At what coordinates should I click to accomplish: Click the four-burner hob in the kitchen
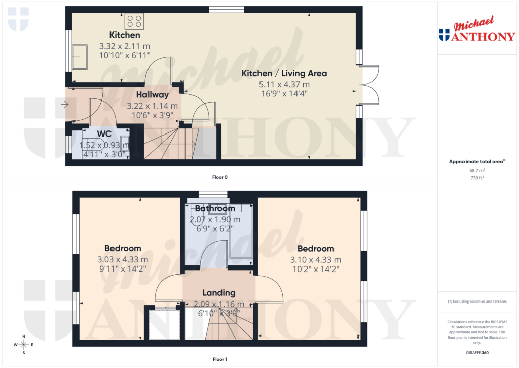coord(135,21)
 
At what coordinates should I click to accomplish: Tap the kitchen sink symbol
coord(80,57)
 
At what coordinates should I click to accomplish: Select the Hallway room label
coord(152,94)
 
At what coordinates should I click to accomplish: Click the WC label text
coord(104,135)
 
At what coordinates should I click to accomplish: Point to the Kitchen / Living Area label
coord(284,73)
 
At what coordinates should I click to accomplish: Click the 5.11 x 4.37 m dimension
coord(284,84)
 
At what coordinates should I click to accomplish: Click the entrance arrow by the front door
coord(64,105)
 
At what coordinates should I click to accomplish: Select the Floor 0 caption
coord(219,177)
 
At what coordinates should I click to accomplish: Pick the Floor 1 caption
coord(219,359)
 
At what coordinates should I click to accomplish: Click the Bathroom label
coord(215,208)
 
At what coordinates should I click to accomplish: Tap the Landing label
coord(218,293)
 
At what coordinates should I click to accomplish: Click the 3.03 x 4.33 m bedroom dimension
coord(123,259)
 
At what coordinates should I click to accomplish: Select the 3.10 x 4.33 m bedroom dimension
coord(315,259)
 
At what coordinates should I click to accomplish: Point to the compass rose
coord(23,345)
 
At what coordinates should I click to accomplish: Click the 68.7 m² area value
coord(475,171)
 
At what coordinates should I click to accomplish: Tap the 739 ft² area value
coord(475,178)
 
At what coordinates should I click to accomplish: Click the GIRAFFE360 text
coord(475,352)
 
